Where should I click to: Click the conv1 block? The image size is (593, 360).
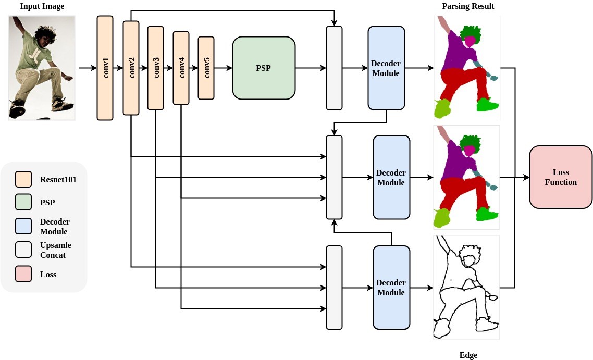(105, 68)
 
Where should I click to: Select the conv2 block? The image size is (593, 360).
(131, 68)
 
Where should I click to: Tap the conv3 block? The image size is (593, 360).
(155, 68)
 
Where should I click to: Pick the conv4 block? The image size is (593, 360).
(181, 68)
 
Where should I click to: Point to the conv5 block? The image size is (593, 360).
(206, 68)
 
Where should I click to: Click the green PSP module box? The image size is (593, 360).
(264, 68)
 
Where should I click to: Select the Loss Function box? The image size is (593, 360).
(561, 177)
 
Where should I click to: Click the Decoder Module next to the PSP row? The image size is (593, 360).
(386, 68)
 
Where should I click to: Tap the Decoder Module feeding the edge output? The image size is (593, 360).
(391, 288)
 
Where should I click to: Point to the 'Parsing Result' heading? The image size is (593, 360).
(468, 6)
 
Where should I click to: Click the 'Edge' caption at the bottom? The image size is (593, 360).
(468, 355)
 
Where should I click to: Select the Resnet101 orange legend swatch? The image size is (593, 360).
(23, 179)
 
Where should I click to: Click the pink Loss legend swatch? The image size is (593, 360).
(23, 274)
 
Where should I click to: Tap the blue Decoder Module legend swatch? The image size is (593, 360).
(23, 226)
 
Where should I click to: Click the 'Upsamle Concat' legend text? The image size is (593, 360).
(55, 250)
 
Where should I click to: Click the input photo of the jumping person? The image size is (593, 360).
(42, 68)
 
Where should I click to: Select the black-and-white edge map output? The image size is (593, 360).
(466, 288)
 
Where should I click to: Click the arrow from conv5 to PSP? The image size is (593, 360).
(223, 68)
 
